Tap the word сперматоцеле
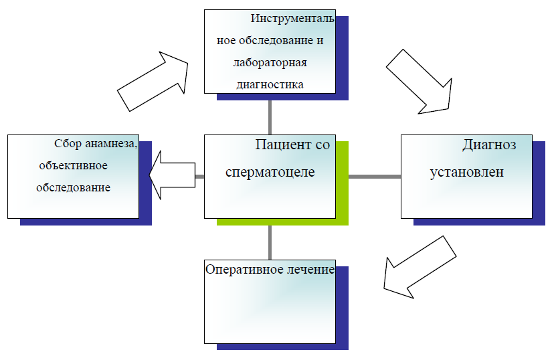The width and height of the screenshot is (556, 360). [270, 171]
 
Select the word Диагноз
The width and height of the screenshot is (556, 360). [489, 145]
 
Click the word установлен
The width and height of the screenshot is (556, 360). [467, 171]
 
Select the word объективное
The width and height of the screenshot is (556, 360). [73, 165]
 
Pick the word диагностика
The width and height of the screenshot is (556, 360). [270, 84]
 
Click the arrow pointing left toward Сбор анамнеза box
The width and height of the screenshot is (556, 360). [171, 176]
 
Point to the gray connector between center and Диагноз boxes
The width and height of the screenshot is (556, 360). [375, 177]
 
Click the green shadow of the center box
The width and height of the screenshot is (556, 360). [342, 194]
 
